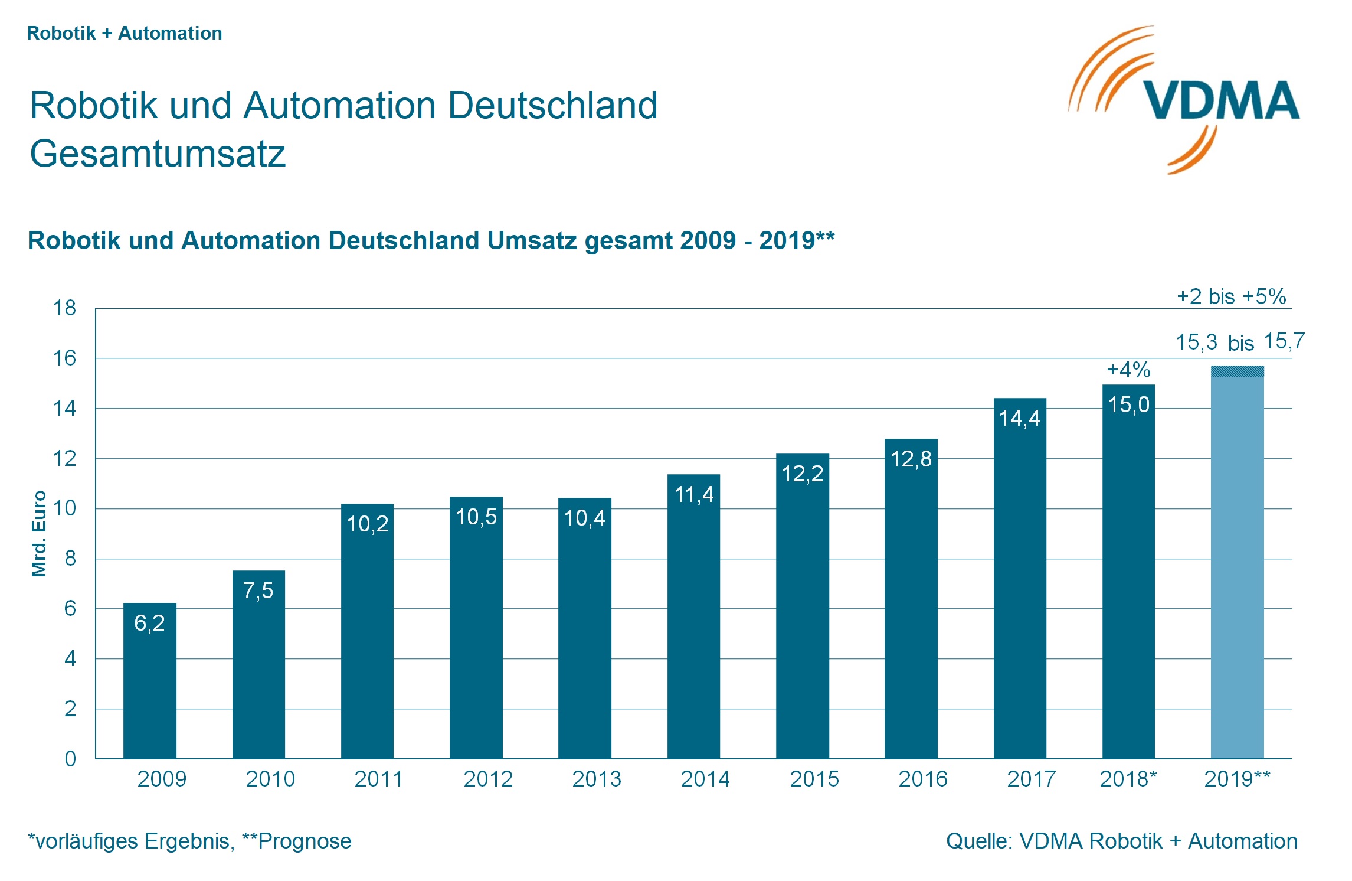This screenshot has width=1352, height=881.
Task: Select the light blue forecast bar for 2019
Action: click(x=1237, y=567)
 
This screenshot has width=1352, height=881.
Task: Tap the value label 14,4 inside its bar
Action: click(x=1019, y=418)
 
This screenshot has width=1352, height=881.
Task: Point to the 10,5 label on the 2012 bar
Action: click(x=476, y=517)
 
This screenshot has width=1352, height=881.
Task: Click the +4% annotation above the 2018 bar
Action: click(x=1128, y=370)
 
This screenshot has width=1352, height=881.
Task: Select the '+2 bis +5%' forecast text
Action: click(x=1231, y=296)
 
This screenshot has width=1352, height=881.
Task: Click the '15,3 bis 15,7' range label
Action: click(x=1239, y=342)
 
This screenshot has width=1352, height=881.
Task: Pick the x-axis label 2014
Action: click(x=705, y=779)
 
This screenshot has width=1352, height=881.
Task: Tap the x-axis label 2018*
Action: click(x=1128, y=779)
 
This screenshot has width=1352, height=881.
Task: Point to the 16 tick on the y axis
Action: click(x=65, y=358)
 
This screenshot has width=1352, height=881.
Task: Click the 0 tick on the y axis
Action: click(x=70, y=759)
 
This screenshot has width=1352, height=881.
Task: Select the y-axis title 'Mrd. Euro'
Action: click(x=39, y=533)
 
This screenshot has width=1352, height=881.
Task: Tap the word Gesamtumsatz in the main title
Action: click(x=158, y=154)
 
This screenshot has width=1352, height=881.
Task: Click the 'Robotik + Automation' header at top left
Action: click(x=125, y=33)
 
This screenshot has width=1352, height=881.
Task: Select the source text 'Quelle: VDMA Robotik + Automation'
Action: click(x=1121, y=841)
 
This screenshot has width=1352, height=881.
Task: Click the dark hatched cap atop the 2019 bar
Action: click(x=1237, y=371)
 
